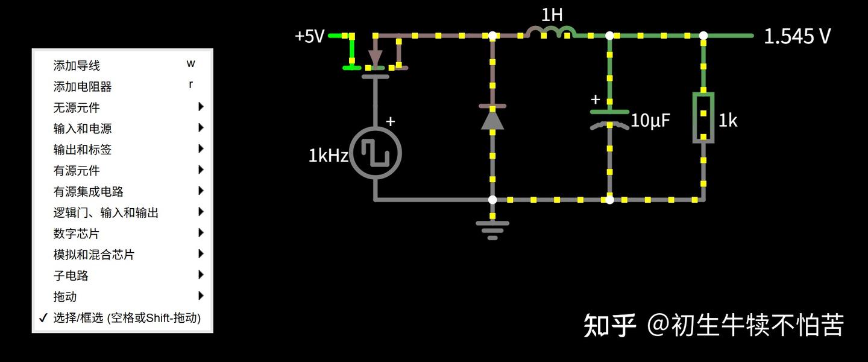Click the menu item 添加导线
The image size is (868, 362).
pos(77,65)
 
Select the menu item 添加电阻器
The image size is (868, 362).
pos(83,86)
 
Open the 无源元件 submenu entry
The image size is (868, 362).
pos(77,107)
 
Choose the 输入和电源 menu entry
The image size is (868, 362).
pos(83,129)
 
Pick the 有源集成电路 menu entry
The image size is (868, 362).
pos(89,191)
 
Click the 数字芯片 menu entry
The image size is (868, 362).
pos(77,233)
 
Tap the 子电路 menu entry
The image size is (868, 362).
pos(71,275)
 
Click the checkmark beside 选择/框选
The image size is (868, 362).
pos(42,317)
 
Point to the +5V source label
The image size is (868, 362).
pos(309,36)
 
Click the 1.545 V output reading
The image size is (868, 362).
pos(797,36)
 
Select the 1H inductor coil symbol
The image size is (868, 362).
pos(551,31)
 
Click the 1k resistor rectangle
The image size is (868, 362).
pos(703,118)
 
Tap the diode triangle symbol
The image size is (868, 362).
pos(492,119)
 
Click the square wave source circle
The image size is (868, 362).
pos(377,153)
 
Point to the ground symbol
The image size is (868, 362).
pos(492,229)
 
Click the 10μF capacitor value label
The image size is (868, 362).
pos(650,121)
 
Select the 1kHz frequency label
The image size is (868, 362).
pos(328,156)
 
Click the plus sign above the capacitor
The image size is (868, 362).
pos(596,100)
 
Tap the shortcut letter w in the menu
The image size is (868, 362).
pos(191,64)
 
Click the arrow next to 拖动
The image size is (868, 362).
pos(201,296)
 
